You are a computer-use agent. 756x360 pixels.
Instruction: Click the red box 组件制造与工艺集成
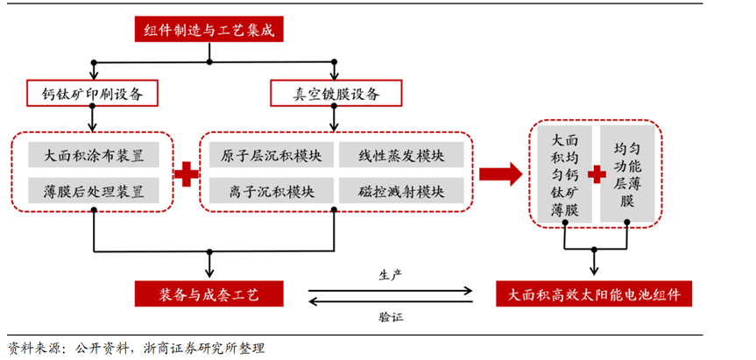click(209, 30)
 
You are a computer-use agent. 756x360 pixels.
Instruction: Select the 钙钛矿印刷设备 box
click(93, 92)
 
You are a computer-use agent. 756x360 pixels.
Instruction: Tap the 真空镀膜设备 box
click(336, 92)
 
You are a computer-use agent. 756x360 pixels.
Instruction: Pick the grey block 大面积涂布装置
click(94, 156)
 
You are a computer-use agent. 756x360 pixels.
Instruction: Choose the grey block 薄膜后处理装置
click(94, 190)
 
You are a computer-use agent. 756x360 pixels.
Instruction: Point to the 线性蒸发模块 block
click(400, 156)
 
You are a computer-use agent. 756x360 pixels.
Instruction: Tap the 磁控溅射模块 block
click(400, 190)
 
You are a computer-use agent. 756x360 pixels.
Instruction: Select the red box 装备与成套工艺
click(209, 293)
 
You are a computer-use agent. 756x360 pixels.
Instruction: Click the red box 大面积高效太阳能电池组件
click(594, 293)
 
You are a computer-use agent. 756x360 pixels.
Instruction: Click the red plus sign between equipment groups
click(187, 173)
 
